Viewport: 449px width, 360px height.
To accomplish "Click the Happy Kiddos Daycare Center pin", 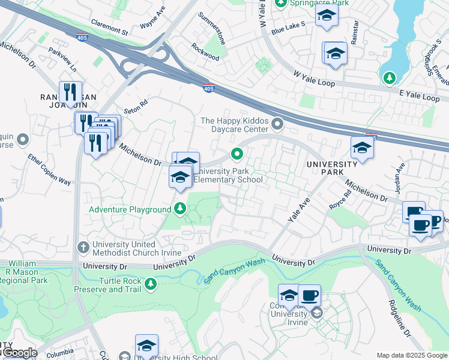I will pyautogui.click(x=277, y=125).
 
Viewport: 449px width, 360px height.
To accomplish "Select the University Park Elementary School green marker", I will pyautogui.click(x=238, y=155).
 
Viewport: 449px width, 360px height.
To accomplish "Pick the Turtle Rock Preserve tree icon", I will pyautogui.click(x=151, y=284).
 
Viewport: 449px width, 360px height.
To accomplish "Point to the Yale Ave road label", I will pyautogui.click(x=298, y=211).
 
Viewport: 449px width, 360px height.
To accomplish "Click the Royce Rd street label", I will pyautogui.click(x=340, y=200).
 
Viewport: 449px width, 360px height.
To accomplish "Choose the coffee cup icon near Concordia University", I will pyautogui.click(x=309, y=295).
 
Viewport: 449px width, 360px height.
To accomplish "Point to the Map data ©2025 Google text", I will pyautogui.click(x=411, y=355).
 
